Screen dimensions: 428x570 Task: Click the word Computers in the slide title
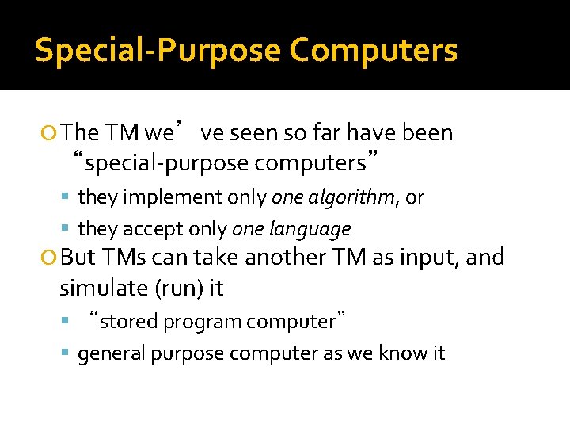[373, 50]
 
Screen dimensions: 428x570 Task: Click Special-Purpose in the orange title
[158, 50]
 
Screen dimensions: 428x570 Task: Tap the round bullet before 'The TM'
[51, 133]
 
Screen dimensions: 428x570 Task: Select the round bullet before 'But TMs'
[51, 258]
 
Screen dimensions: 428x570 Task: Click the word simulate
[97, 289]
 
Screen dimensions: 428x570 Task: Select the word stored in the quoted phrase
[125, 322]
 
